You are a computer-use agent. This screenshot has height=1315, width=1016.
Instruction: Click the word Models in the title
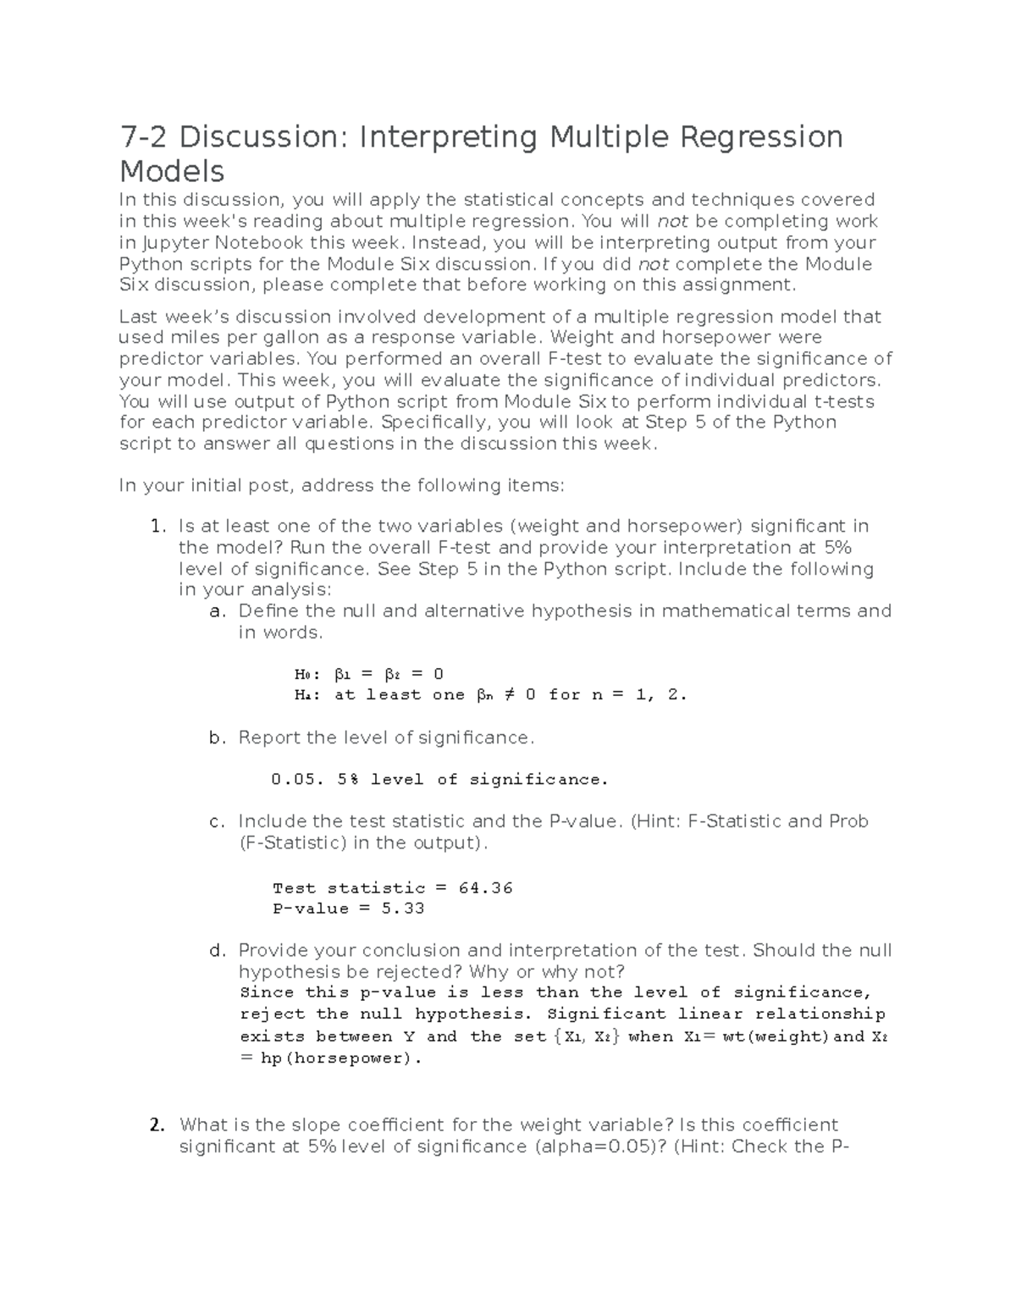coord(172,172)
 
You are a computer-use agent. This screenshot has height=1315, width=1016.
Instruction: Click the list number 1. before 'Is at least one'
coord(157,527)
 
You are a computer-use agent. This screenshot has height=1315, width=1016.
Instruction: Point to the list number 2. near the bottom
coord(157,1125)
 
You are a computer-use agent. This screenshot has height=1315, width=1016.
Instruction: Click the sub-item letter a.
coord(216,611)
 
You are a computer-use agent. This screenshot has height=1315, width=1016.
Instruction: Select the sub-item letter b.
coord(217,738)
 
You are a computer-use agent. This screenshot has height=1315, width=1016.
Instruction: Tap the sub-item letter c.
coord(216,821)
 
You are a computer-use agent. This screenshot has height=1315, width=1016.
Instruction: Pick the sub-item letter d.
coord(217,951)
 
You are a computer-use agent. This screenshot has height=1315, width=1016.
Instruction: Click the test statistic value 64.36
coord(485,888)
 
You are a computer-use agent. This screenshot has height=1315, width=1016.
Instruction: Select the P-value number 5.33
coord(403,909)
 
